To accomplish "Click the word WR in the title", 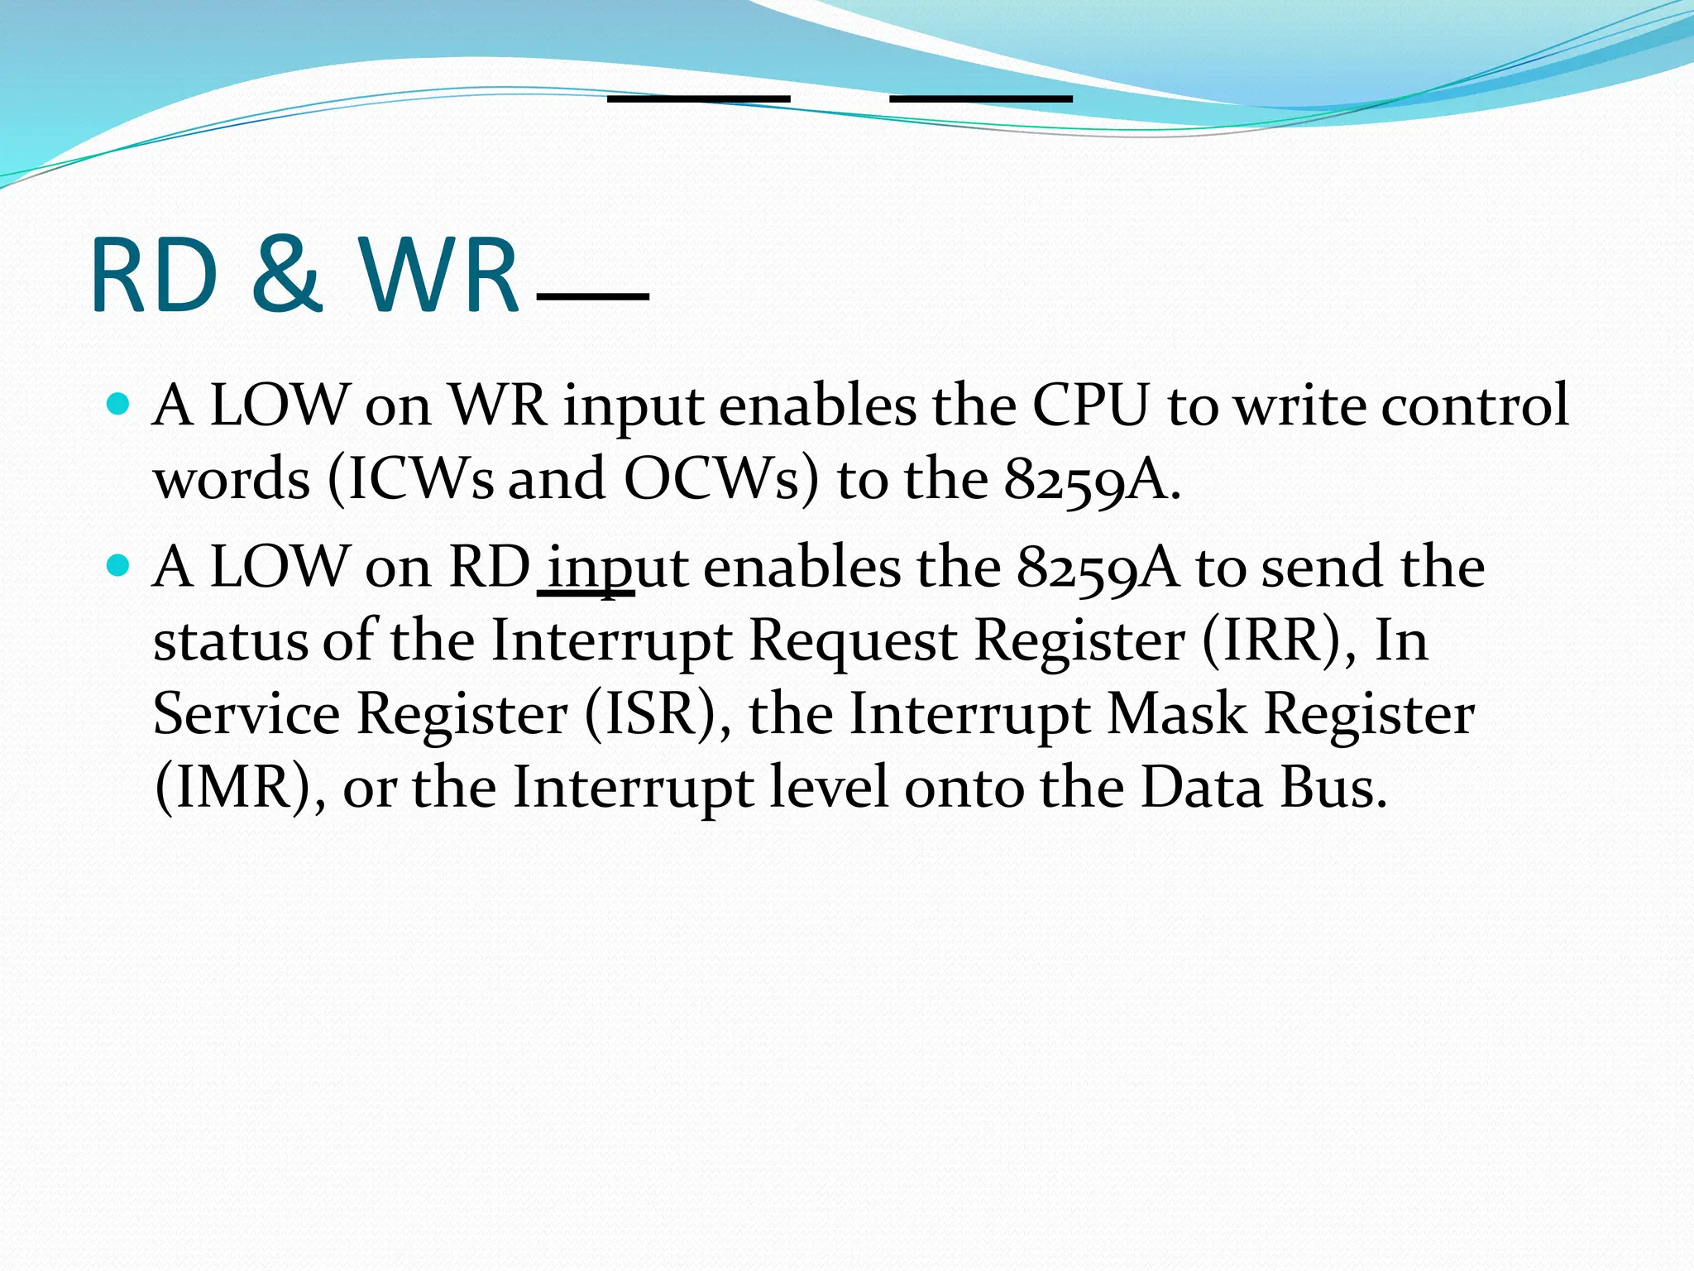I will [x=438, y=275].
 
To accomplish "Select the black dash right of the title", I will [x=592, y=296].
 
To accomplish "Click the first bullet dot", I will [x=120, y=405].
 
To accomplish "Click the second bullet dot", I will [x=120, y=566].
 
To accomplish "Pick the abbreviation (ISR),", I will [x=658, y=713].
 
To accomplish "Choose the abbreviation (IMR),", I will [x=240, y=787].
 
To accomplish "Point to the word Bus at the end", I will [x=1333, y=787].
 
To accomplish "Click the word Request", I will [x=852, y=641].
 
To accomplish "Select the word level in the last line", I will [x=829, y=787].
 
